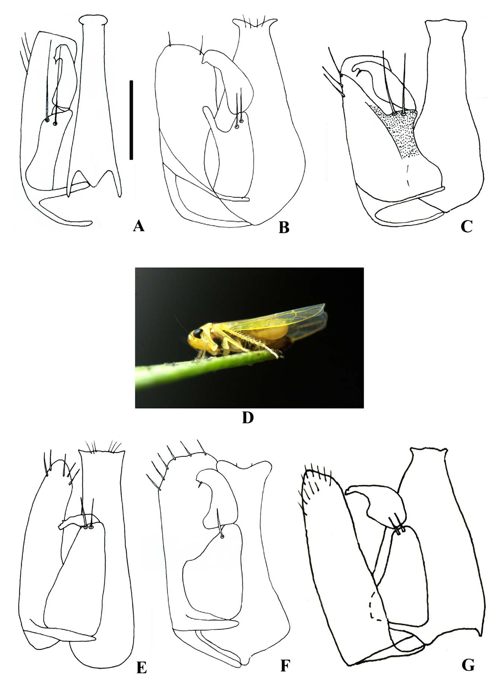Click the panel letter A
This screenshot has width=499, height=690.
[138, 226]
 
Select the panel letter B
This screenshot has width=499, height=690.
[284, 227]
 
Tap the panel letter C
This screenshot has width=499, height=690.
[467, 226]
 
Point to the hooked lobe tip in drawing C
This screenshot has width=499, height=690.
[357, 69]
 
